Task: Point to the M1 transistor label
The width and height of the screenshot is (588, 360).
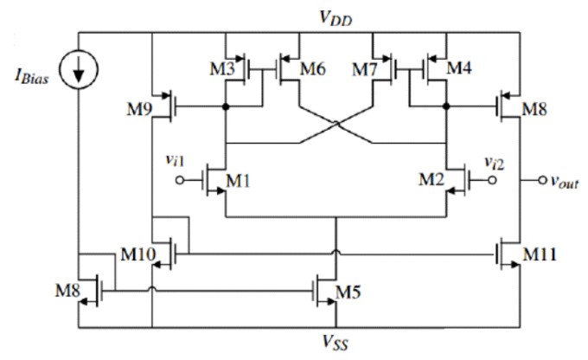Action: [x=238, y=181]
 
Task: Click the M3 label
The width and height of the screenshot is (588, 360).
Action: [x=224, y=68]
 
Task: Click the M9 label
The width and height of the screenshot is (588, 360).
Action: [x=138, y=108]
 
